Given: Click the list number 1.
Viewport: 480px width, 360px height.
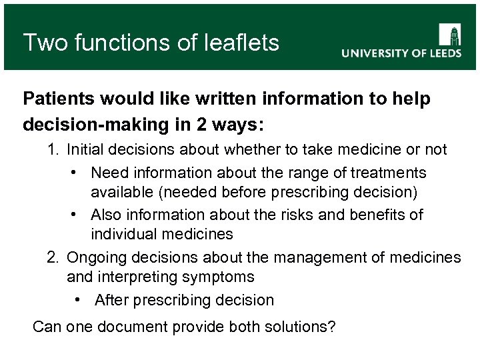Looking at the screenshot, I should tap(53, 149).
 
